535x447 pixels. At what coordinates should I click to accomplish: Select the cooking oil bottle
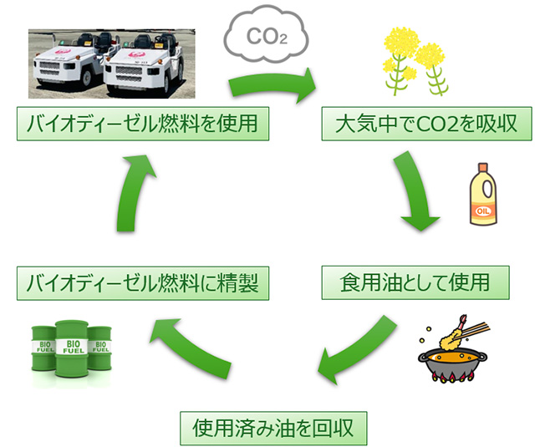(x=482, y=197)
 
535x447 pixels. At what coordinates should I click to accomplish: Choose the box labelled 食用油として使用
(x=415, y=282)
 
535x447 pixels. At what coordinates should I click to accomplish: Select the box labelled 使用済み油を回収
(x=273, y=428)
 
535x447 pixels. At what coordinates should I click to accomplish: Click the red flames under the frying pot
(x=451, y=378)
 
